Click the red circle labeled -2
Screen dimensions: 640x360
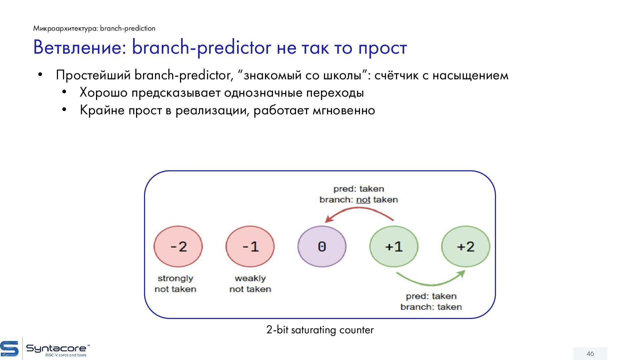click(x=178, y=247)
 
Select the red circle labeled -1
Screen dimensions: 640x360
click(x=250, y=247)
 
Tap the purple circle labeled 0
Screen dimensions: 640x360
click(x=322, y=247)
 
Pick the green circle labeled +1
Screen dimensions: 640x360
click(x=394, y=247)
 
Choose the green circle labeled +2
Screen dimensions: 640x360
click(x=466, y=247)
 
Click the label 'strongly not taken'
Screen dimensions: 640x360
click(x=175, y=284)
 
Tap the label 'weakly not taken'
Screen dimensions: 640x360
click(x=250, y=284)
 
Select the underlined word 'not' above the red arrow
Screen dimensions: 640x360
click(x=363, y=200)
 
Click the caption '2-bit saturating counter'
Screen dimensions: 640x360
click(x=320, y=330)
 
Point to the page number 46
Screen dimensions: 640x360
click(x=590, y=354)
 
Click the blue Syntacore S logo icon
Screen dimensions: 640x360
click(x=9, y=349)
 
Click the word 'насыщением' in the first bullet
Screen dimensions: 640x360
click(x=470, y=75)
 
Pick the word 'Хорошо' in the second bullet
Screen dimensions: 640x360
click(x=103, y=93)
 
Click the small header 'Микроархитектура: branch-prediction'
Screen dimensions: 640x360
click(x=94, y=28)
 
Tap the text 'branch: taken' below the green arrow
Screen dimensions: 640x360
click(x=431, y=307)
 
